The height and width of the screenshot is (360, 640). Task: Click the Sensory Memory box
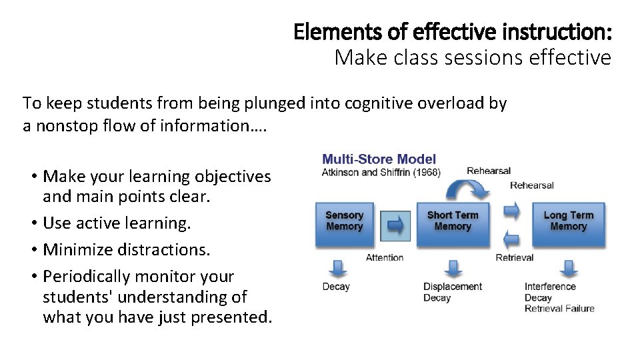pyautogui.click(x=345, y=221)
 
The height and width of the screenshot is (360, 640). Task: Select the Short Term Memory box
pyautogui.click(x=453, y=221)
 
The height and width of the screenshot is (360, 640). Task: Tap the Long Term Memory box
pyautogui.click(x=568, y=221)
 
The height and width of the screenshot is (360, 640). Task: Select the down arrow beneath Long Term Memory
pyautogui.click(x=569, y=267)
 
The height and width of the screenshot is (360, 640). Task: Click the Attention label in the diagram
pyautogui.click(x=385, y=257)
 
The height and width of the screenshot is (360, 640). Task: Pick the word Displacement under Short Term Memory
pyautogui.click(x=453, y=287)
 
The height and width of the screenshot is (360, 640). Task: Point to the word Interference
pyautogui.click(x=550, y=287)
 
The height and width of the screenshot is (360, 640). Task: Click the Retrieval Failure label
pyautogui.click(x=559, y=308)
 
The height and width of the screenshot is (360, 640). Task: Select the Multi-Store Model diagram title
pyautogui.click(x=379, y=159)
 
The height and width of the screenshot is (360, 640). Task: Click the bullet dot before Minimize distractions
pyautogui.click(x=33, y=250)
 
